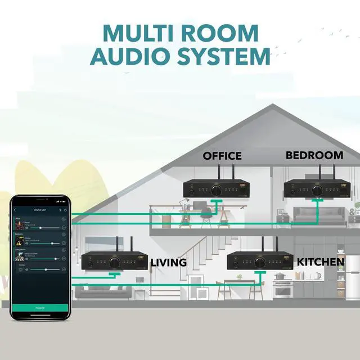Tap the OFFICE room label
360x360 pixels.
tap(222, 156)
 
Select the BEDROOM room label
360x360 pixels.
tap(314, 155)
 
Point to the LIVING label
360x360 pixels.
tap(168, 263)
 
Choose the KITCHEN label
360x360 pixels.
tap(321, 262)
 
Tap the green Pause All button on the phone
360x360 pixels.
tap(40, 308)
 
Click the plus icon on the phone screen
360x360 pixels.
tap(60, 210)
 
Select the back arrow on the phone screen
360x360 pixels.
tap(15, 210)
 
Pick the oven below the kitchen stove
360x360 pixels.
tap(282, 290)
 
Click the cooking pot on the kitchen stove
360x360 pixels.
tap(280, 275)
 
